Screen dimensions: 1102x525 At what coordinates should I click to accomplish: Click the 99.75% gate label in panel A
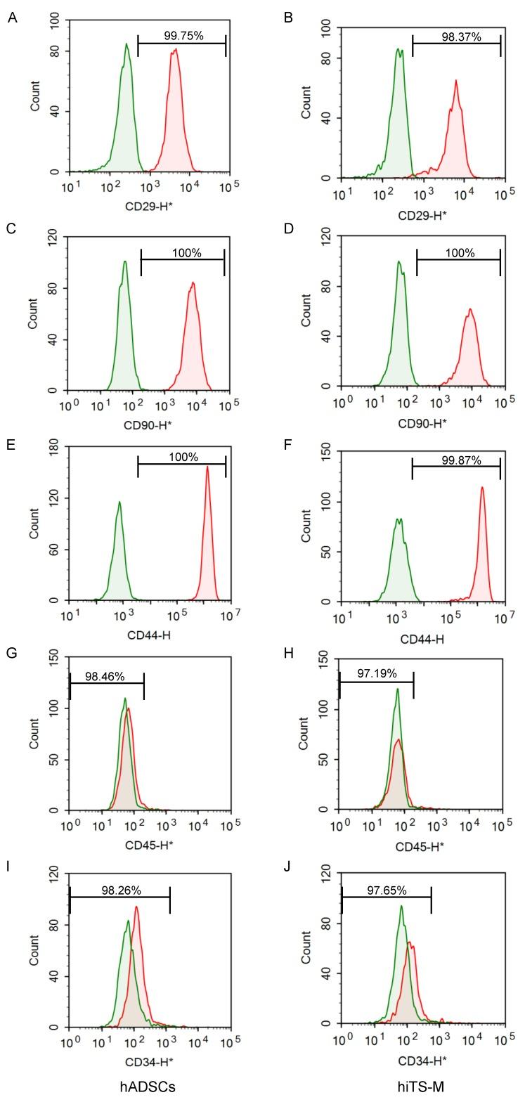(183, 36)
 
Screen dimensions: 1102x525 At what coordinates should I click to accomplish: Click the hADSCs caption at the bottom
(147, 1087)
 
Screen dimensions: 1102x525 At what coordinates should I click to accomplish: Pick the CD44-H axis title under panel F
(422, 640)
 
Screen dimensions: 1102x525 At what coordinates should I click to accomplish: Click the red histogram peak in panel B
(456, 82)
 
